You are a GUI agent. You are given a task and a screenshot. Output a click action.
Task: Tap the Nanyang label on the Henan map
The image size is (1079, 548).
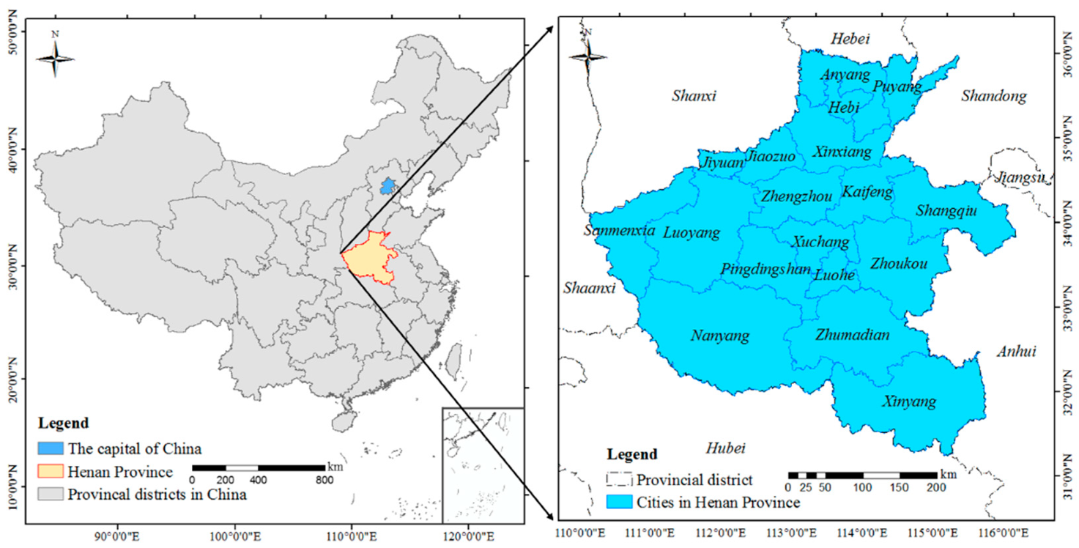click(720, 336)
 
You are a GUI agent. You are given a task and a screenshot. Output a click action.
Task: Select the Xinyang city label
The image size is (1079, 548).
click(909, 401)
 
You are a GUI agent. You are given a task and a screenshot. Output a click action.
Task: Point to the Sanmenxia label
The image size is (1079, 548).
click(619, 230)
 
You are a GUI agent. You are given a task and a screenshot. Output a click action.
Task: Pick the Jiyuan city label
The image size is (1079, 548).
click(722, 163)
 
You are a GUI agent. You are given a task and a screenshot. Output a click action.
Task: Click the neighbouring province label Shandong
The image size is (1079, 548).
click(994, 96)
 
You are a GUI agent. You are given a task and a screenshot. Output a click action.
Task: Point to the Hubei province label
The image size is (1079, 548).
click(725, 448)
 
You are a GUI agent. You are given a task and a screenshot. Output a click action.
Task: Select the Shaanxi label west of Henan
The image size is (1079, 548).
click(589, 289)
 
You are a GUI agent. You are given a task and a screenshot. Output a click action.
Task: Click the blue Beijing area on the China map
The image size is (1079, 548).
click(387, 185)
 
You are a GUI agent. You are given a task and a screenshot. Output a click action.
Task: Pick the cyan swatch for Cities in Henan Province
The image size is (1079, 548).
click(619, 503)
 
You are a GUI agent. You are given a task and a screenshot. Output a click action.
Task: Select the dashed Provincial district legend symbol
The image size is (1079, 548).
click(619, 480)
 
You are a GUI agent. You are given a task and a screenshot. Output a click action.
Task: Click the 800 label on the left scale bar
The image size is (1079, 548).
click(325, 480)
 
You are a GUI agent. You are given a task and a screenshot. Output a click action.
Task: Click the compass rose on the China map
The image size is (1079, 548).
click(55, 56)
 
